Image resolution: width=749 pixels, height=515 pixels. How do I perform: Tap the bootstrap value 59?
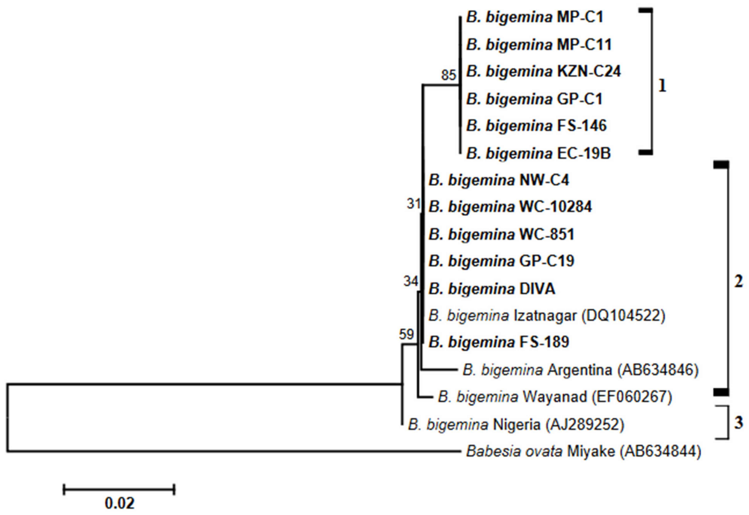406,334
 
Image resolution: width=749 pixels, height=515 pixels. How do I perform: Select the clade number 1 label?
662,86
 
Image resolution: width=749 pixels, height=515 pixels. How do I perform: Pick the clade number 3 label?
739,422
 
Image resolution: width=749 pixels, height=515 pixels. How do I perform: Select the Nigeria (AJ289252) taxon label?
516,425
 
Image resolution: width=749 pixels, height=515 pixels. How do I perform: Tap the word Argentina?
580,370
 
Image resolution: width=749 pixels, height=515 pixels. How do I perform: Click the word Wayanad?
554,397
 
